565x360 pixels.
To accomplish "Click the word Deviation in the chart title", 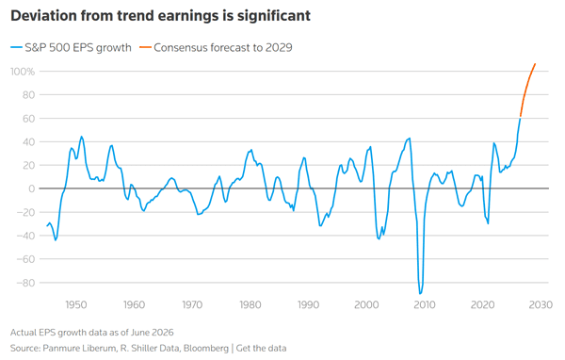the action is click(x=43, y=16).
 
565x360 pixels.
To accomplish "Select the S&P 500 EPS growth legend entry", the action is click(x=71, y=48).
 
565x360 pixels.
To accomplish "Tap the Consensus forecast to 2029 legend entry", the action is click(x=216, y=48).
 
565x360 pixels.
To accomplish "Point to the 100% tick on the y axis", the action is click(x=23, y=72).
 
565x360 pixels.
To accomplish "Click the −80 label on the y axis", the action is click(x=25, y=283).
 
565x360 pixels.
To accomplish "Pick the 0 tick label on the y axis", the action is click(x=32, y=188).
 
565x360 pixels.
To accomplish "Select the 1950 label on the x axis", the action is click(x=76, y=304).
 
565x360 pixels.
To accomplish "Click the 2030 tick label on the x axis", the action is click(x=541, y=304).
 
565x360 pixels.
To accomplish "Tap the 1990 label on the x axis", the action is click(x=309, y=304).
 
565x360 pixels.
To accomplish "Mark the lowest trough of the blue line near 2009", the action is click(x=420, y=294).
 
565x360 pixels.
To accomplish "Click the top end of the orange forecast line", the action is click(x=535, y=64).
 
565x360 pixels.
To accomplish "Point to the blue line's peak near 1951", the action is click(x=81, y=137).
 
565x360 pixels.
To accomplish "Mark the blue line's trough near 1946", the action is click(x=56, y=240).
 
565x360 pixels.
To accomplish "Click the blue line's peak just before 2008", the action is click(x=410, y=139).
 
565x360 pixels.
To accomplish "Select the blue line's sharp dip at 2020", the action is click(x=488, y=223).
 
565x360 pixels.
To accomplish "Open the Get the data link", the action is click(x=261, y=348).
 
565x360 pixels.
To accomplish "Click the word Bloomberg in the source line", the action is click(x=205, y=349).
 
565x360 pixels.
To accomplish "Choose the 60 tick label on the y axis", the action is click(x=29, y=119).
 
